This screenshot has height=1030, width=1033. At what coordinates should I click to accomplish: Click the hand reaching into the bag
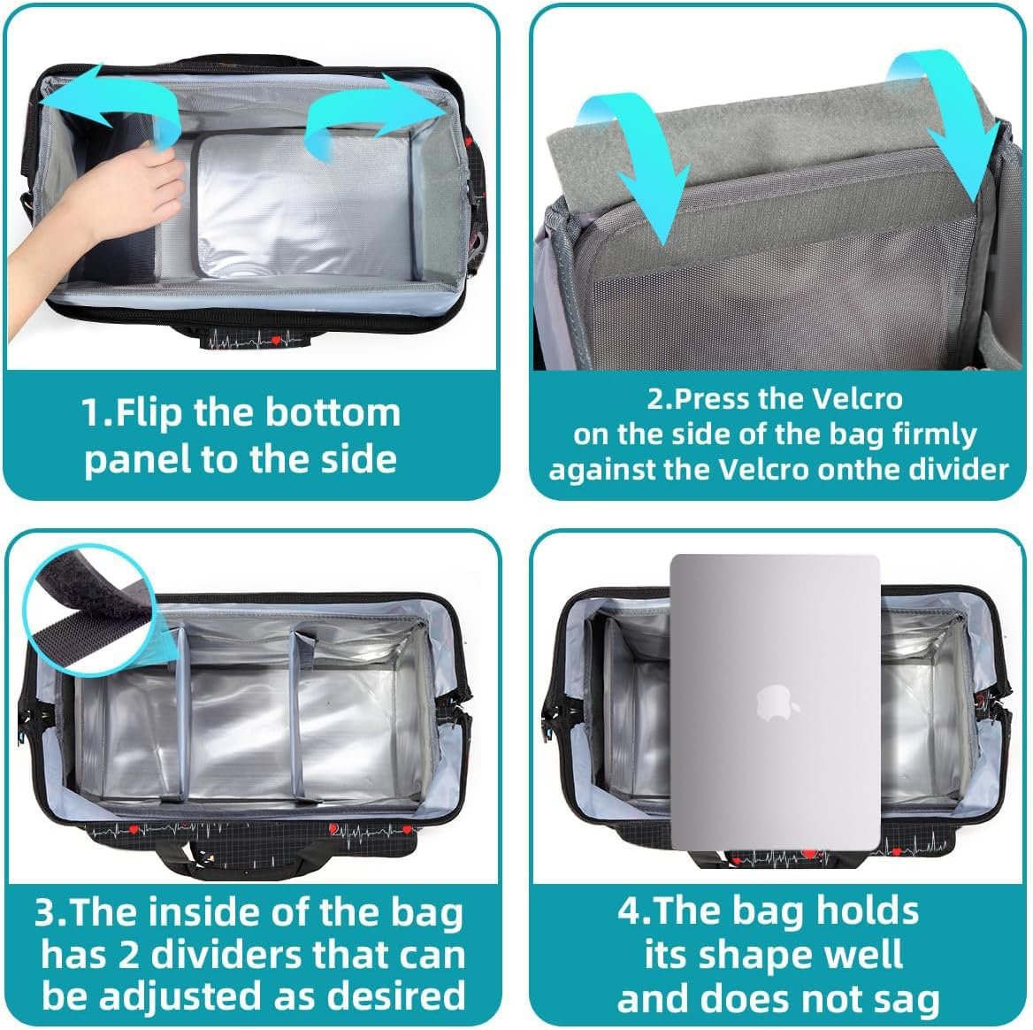pyautogui.click(x=99, y=211)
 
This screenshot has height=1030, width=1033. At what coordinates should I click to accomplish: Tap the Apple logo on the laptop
pyautogui.click(x=777, y=703)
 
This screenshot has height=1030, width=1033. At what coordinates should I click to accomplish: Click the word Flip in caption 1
pyautogui.click(x=149, y=413)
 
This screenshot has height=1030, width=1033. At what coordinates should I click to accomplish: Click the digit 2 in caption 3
pyautogui.click(x=128, y=956)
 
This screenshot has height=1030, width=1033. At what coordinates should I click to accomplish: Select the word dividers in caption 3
pyautogui.click(x=226, y=955)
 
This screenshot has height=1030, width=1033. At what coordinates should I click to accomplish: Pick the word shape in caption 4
pyautogui.click(x=749, y=957)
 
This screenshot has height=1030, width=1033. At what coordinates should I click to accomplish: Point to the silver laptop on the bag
pyautogui.click(x=776, y=703)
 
